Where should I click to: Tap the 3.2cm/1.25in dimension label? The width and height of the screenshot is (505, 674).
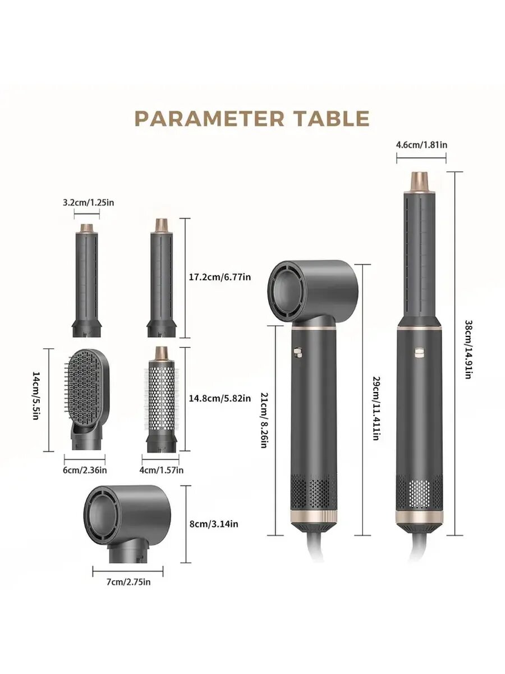[88, 203]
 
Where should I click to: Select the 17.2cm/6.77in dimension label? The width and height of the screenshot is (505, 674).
[220, 277]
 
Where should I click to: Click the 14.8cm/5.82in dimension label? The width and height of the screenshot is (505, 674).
[220, 399]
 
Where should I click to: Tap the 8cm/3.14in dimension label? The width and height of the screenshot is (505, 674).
[214, 524]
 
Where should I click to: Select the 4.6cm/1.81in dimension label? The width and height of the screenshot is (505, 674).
[421, 144]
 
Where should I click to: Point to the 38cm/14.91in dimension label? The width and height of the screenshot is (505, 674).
[468, 349]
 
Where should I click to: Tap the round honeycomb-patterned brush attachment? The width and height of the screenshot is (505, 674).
[161, 399]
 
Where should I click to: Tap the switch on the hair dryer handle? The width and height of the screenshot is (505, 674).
[298, 352]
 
